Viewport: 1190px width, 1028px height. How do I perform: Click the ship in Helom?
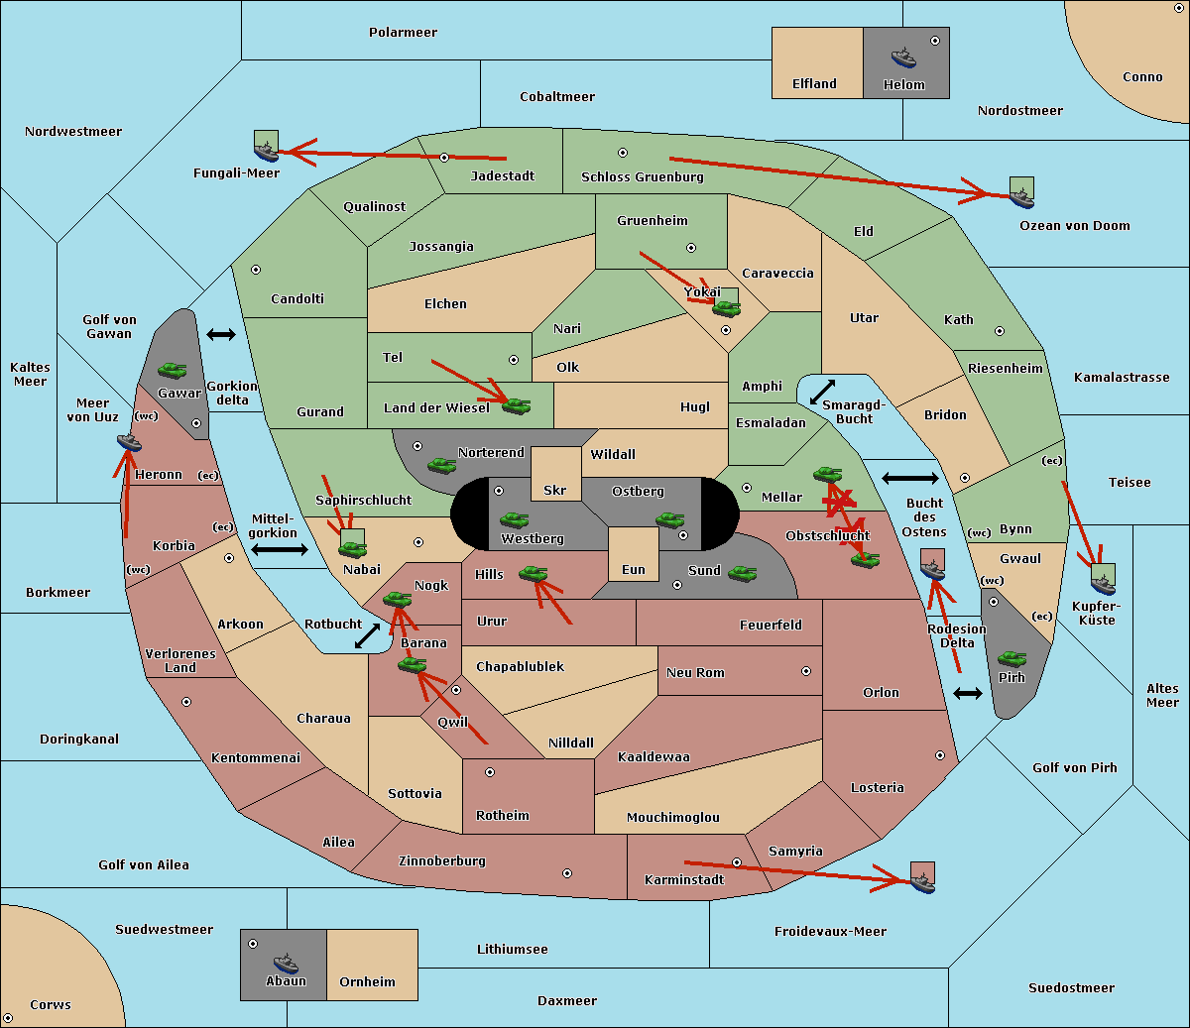click(903, 57)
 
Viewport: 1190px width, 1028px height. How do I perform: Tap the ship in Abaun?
click(286, 963)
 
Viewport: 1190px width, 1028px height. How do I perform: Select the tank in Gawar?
click(173, 370)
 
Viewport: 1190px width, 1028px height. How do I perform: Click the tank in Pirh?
click(1011, 658)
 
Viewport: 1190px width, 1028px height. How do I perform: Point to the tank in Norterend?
click(441, 466)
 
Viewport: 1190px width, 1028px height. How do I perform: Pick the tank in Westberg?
click(514, 519)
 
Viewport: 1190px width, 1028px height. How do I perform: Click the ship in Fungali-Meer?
click(266, 151)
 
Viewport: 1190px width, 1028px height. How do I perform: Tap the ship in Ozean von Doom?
click(1021, 197)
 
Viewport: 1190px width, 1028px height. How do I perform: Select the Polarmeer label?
click(403, 33)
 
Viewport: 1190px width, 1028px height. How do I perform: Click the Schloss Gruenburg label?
click(643, 176)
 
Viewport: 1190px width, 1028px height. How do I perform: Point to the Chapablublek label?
click(520, 666)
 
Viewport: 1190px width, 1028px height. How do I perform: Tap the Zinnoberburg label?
click(442, 861)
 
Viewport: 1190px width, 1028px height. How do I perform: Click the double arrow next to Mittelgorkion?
click(280, 549)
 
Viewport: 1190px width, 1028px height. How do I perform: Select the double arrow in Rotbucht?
click(367, 635)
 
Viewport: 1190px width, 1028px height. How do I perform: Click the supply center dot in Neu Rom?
click(806, 671)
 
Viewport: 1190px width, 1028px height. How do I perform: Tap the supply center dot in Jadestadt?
click(444, 158)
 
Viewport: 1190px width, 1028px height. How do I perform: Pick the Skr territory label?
click(555, 490)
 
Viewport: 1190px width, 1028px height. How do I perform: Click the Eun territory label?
click(634, 570)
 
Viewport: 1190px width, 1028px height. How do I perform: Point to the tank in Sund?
click(742, 573)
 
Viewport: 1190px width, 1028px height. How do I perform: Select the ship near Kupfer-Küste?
click(1104, 584)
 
